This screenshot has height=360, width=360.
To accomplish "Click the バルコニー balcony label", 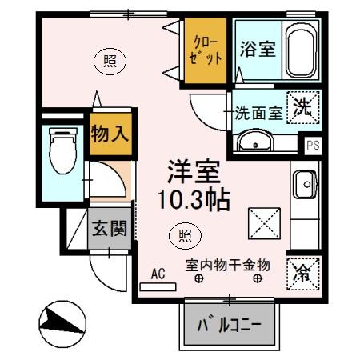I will point(230,325).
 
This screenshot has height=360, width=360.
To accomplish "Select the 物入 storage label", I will point(110,133).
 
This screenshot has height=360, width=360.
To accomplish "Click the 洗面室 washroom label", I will point(258,113).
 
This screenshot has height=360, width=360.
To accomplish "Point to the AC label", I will point(158,273).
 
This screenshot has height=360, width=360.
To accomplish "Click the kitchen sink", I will point(304,186).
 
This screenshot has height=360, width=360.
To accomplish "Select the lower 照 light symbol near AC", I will point(184,234).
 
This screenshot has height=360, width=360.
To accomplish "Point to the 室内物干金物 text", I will point(228,264).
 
